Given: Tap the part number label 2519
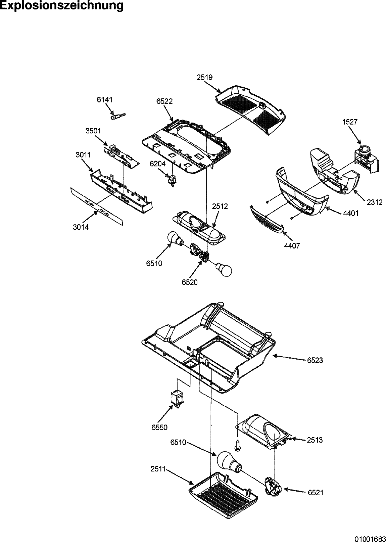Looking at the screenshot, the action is [204, 77].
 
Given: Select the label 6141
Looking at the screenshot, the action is [105, 100].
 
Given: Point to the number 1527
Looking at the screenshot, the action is [350, 122].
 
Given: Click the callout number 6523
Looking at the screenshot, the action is [315, 360].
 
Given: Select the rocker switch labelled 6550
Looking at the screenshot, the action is [176, 399].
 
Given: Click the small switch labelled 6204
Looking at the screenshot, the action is [172, 180].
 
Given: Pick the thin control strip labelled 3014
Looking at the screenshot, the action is [97, 207].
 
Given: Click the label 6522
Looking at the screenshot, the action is [164, 101].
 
